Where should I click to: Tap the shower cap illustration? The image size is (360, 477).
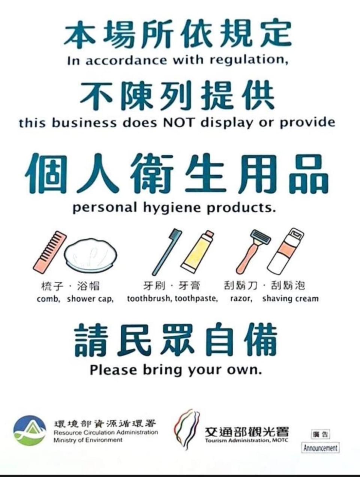91,255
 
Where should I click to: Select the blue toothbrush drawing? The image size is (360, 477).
167,252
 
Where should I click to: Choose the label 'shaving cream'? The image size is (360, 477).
291,299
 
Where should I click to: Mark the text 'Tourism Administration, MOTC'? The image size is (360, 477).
247,440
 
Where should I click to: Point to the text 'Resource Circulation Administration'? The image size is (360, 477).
106,432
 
